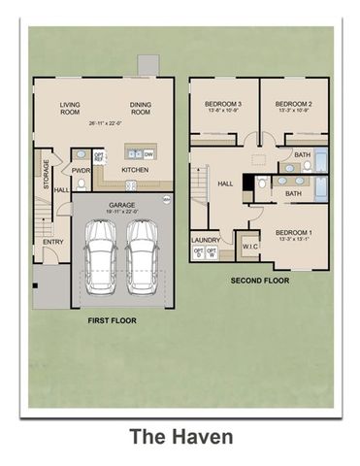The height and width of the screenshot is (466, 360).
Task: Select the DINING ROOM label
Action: pos(143,108)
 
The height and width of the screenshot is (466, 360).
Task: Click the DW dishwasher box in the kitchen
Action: pos(148,152)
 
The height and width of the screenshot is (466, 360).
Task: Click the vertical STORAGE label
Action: pos(45,174)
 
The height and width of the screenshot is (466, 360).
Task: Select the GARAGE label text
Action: pos(121,205)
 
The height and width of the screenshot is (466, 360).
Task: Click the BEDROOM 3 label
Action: pos(222,104)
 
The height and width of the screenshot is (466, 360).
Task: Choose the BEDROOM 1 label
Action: pos(293,233)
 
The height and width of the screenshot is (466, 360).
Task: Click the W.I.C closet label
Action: pos(248,247)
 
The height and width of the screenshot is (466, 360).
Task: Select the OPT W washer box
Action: pos(213,253)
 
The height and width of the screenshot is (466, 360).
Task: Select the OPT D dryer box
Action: pos(199,253)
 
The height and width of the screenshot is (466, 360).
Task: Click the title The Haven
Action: pos(180,438)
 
